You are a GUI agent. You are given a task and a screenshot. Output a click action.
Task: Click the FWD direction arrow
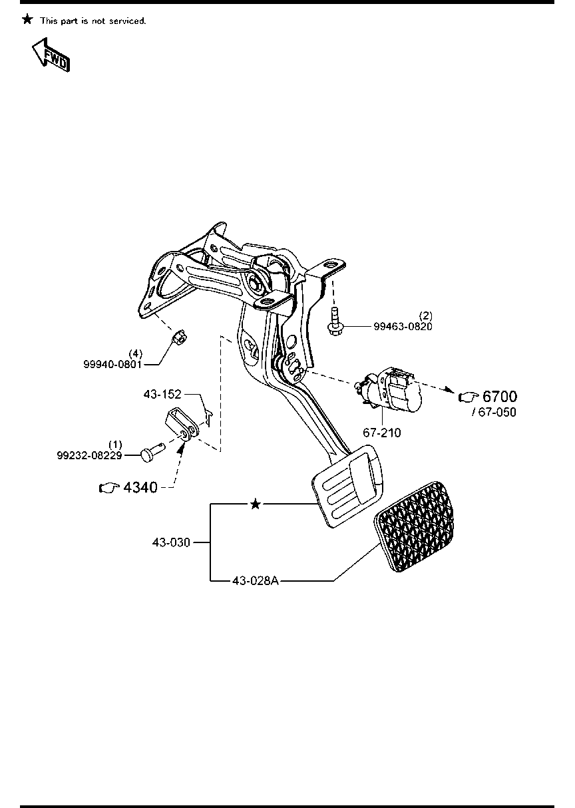click(x=50, y=55)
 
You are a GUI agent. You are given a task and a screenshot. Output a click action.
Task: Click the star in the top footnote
click(x=27, y=19)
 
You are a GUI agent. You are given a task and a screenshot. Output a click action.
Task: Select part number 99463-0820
click(x=403, y=326)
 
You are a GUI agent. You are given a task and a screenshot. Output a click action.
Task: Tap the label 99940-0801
click(x=112, y=364)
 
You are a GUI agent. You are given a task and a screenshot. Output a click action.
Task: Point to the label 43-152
click(x=162, y=394)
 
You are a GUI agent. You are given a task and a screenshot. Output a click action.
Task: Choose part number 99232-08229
click(x=89, y=456)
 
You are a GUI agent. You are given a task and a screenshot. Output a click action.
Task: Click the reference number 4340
click(x=140, y=487)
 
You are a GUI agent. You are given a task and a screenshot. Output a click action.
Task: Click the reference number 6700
click(x=500, y=397)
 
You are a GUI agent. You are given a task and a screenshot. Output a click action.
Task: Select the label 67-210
click(x=381, y=433)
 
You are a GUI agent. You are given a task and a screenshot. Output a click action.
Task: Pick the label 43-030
click(x=171, y=542)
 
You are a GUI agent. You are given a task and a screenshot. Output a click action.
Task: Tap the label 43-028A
click(x=256, y=581)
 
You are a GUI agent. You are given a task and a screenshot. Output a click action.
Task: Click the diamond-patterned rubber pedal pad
click(x=414, y=526)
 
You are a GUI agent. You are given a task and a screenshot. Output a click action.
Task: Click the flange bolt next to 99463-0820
click(x=334, y=321)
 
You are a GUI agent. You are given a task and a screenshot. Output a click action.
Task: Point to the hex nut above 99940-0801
click(x=179, y=337)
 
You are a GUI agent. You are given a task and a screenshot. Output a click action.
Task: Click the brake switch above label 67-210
click(x=388, y=390)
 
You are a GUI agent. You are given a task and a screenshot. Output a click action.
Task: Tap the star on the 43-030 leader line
click(x=256, y=504)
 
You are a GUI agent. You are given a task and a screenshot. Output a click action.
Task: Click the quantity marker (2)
click(x=426, y=316)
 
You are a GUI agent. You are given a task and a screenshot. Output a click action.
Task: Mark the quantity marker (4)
click(x=136, y=354)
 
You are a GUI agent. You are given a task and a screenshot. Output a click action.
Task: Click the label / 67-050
click(x=494, y=412)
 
